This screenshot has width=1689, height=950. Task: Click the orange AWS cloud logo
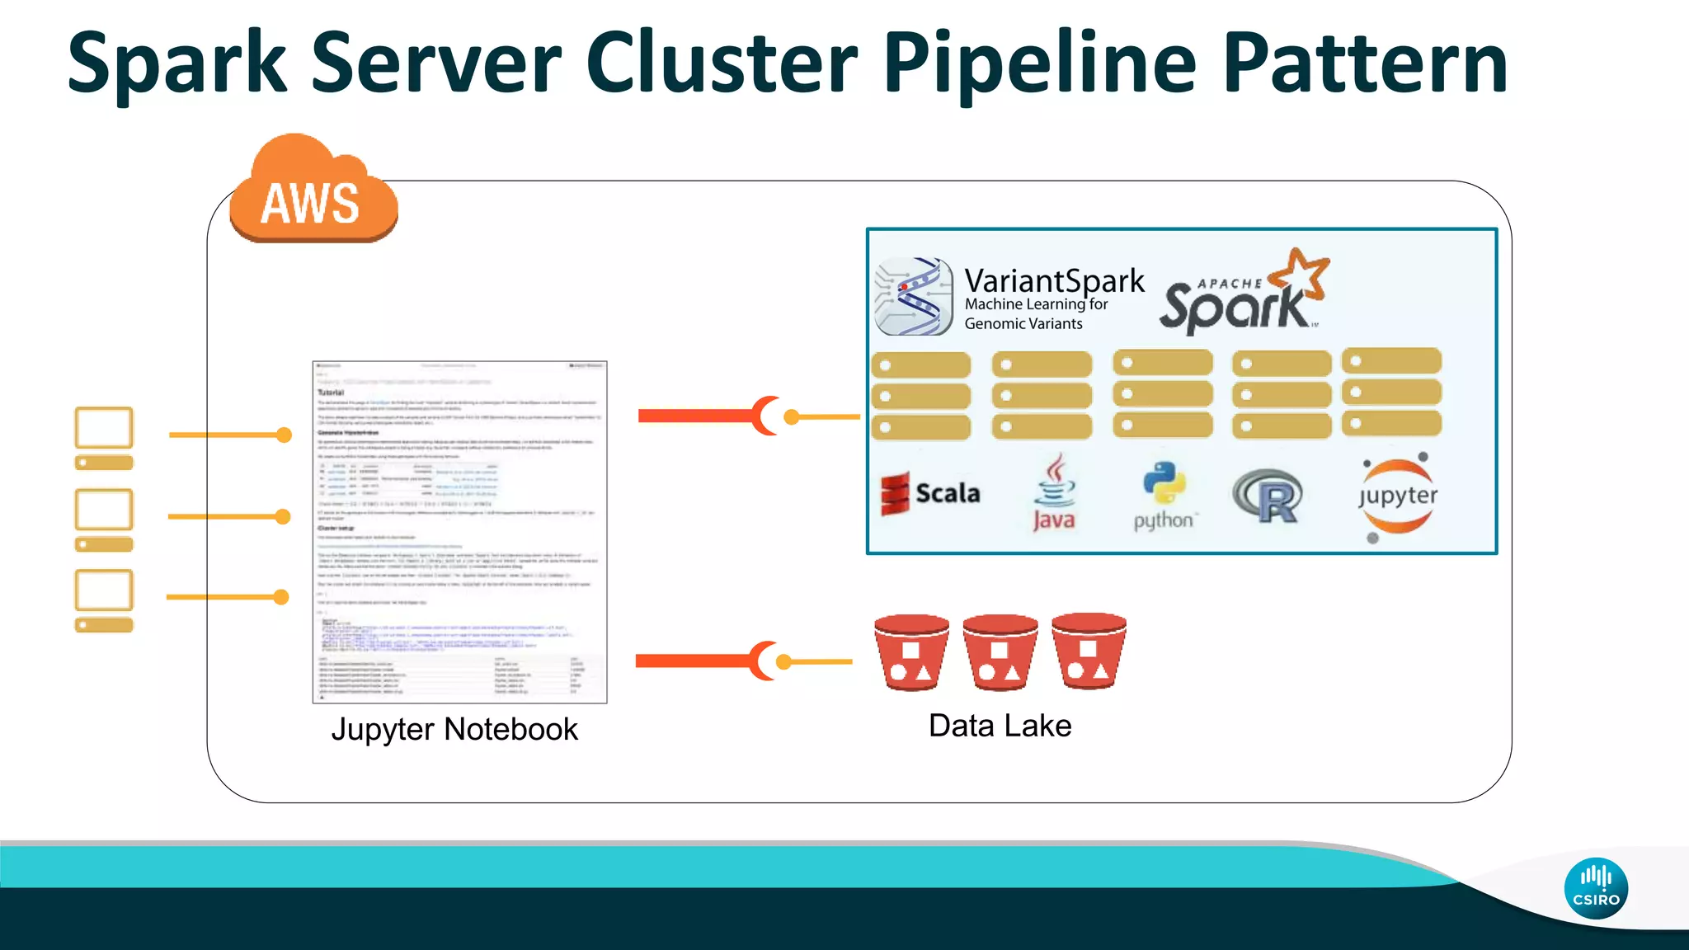(x=313, y=194)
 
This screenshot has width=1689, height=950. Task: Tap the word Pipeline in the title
(x=1038, y=64)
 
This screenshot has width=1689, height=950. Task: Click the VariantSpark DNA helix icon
(x=913, y=297)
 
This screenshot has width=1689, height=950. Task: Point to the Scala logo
(x=930, y=493)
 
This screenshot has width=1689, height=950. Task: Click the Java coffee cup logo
(x=1054, y=492)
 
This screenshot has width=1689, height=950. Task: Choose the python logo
(x=1164, y=495)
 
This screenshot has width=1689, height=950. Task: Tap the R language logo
(x=1268, y=496)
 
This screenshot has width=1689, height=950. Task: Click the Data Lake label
(x=1000, y=726)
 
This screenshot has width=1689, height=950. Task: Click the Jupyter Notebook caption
(x=454, y=729)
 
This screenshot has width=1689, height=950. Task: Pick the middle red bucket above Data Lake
(x=1000, y=652)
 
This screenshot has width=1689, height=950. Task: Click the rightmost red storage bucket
(x=1089, y=651)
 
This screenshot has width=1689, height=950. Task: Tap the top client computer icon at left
(x=104, y=438)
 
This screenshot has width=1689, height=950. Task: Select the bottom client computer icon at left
(x=104, y=600)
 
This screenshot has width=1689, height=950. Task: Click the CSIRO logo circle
(x=1595, y=888)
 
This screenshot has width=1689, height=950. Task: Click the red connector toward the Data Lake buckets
(x=705, y=661)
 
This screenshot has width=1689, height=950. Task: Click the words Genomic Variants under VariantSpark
(x=1023, y=324)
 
